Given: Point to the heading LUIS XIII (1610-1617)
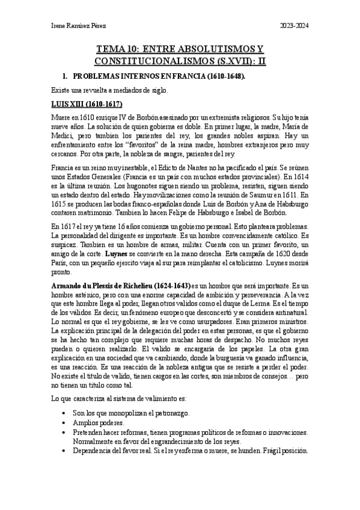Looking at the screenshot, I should (x=87, y=104).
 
